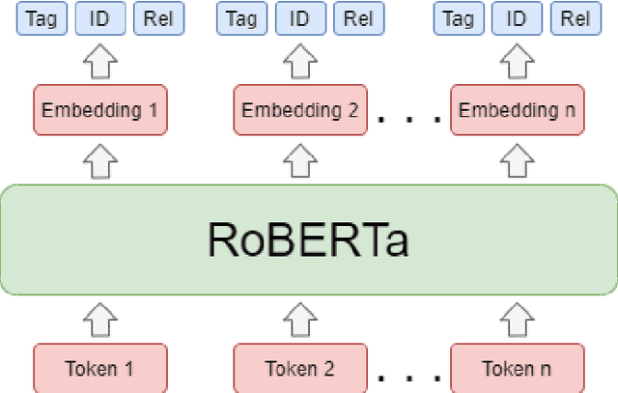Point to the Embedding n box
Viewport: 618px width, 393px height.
click(521, 110)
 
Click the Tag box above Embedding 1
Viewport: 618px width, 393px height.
click(42, 18)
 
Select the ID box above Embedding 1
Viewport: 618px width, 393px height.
click(99, 18)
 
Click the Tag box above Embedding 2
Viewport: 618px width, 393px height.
click(242, 18)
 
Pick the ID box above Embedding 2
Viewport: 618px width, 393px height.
click(300, 18)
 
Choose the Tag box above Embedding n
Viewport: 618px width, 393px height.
click(462, 18)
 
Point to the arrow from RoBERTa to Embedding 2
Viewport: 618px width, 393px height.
click(299, 158)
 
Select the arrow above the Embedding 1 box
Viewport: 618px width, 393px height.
click(98, 63)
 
